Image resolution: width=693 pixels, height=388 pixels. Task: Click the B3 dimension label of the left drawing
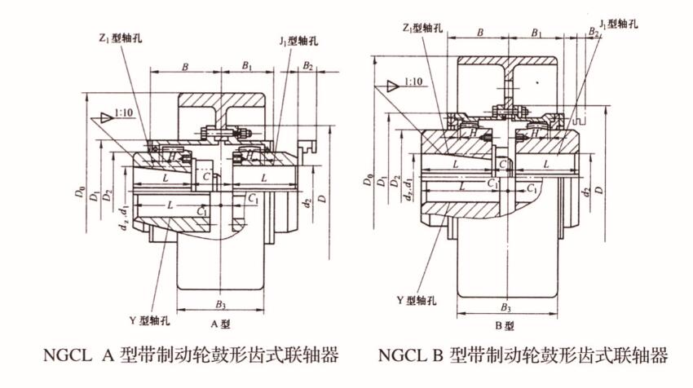tap(222, 304)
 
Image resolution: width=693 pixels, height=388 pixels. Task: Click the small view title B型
tap(505, 328)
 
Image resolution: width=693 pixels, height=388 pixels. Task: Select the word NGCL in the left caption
tap(65, 356)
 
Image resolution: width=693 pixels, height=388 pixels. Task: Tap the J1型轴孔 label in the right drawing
tap(618, 24)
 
